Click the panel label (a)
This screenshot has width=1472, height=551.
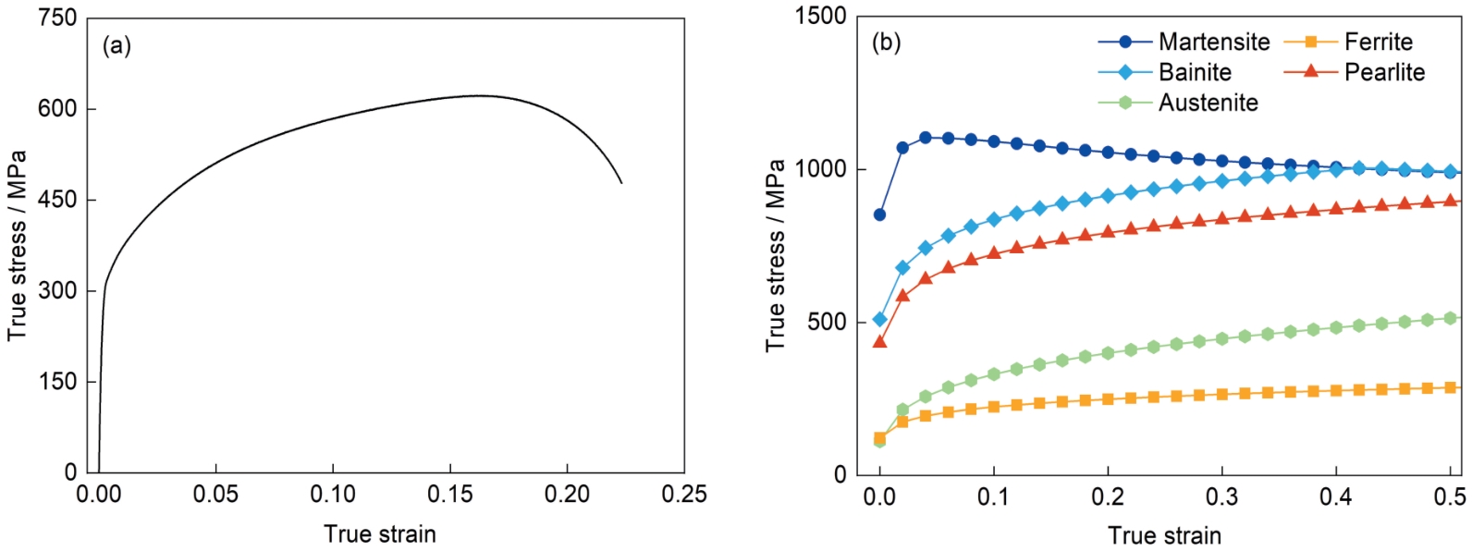[117, 45]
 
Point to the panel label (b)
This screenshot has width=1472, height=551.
[886, 43]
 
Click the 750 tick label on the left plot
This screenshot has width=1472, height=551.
[57, 18]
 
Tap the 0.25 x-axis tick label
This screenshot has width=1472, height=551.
[684, 495]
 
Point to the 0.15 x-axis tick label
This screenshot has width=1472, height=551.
[450, 495]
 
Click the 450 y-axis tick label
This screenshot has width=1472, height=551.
[57, 200]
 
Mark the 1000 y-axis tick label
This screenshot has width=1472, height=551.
[820, 169]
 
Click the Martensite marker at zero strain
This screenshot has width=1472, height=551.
[879, 214]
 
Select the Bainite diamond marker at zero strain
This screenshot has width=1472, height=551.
[879, 320]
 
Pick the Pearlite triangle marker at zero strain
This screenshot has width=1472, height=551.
[879, 342]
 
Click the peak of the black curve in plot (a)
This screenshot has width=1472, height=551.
[479, 95]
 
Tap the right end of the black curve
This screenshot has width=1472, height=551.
[621, 183]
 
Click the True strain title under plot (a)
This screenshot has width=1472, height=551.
[380, 534]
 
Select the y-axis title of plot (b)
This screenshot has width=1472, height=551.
[775, 256]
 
